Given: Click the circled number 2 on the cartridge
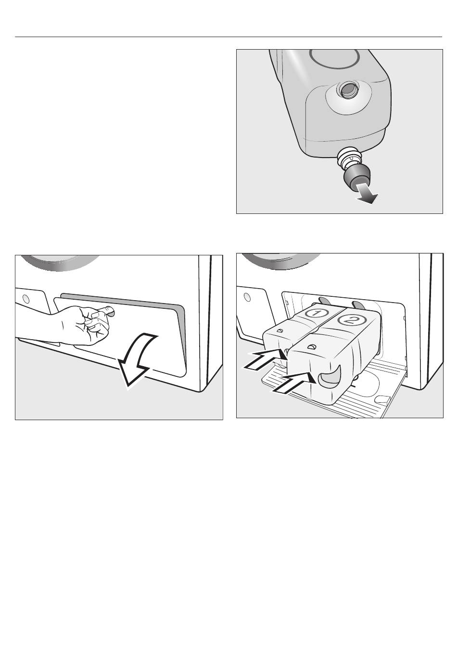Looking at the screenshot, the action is coord(351,319).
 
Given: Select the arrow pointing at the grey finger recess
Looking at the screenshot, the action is coord(294,382).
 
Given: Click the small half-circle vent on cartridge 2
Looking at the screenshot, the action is coord(311,346).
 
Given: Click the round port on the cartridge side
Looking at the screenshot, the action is coord(348,90).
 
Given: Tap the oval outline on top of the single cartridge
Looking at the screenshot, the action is coord(334,59).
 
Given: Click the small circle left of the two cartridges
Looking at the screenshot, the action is coord(247,297).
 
